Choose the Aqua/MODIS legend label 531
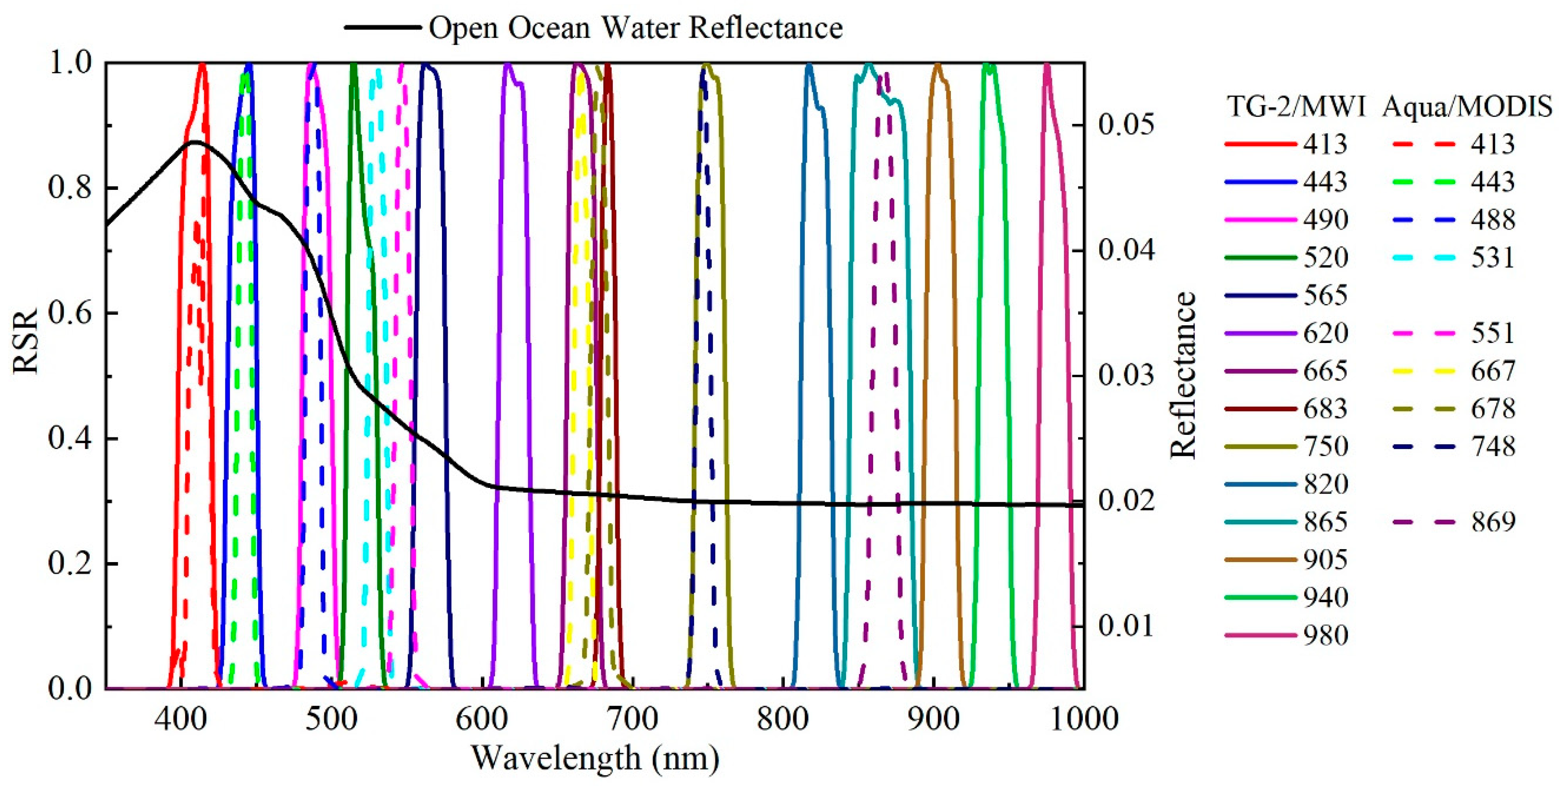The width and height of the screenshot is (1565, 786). (1492, 258)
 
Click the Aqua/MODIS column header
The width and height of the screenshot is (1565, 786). (1467, 107)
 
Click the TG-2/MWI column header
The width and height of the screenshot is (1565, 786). (1295, 107)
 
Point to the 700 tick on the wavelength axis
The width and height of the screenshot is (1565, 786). (632, 719)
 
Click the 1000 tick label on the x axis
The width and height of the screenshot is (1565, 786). (1084, 719)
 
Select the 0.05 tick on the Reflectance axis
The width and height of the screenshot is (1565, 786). (1126, 125)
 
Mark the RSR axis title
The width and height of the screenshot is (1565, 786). (25, 341)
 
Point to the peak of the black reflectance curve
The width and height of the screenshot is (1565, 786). (194, 142)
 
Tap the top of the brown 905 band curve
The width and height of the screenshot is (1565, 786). (937, 65)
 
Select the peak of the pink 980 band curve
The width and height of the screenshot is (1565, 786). (1047, 65)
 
